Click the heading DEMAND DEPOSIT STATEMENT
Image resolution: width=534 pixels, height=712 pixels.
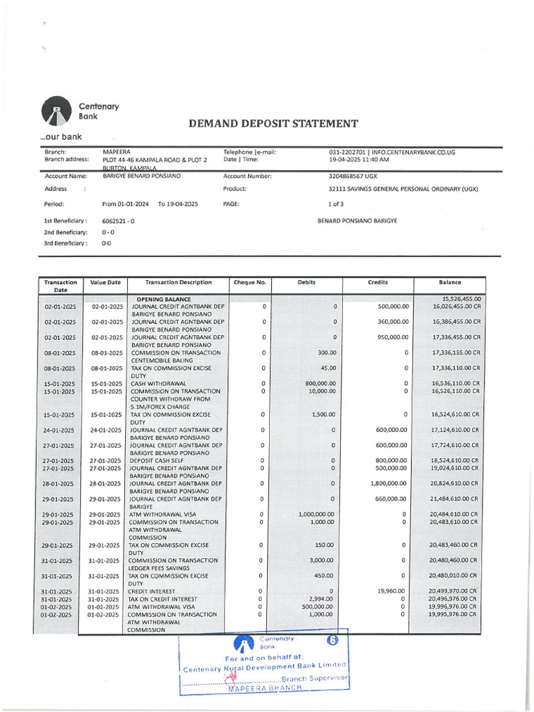[x=273, y=124]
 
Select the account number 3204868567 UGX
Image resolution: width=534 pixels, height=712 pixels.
[x=357, y=177]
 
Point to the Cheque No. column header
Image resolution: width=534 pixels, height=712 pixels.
[x=250, y=283]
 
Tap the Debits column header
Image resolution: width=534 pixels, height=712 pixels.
[x=307, y=283]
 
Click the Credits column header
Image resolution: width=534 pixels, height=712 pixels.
[x=378, y=283]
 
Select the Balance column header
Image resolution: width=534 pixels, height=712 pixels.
[x=450, y=283]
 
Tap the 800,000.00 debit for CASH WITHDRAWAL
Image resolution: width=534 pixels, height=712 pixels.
[x=321, y=384]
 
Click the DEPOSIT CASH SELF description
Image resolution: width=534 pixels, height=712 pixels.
[x=156, y=461]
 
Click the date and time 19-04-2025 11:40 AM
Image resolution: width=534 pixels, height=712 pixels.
[x=359, y=160]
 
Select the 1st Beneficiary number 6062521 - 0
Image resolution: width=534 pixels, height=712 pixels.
[x=118, y=221]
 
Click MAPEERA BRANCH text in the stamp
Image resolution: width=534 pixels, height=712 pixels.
[x=265, y=688]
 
